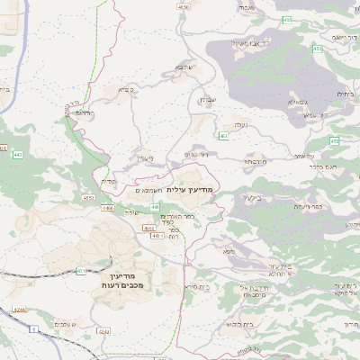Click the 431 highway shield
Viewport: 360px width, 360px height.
point(81,269)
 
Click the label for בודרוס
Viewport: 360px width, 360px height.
point(85,113)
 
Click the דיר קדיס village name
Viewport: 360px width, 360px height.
point(196,154)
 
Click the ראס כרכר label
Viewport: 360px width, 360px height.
point(319,166)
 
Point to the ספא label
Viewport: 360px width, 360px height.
point(229,252)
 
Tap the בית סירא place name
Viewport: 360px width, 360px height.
point(197,285)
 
